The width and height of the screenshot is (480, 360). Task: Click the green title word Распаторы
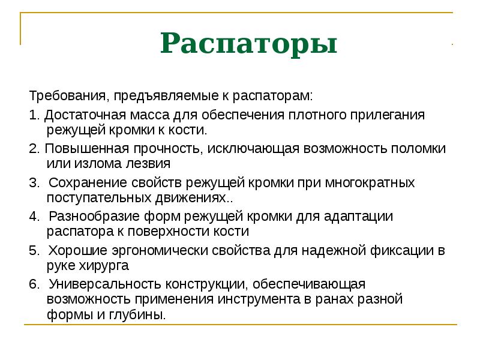(x=248, y=45)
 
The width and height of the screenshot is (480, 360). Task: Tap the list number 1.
(x=32, y=114)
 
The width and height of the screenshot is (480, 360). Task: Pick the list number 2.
(x=32, y=148)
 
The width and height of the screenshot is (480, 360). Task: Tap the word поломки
(x=421, y=148)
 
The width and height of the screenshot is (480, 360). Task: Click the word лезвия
(x=148, y=163)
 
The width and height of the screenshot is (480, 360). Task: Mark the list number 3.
(x=32, y=182)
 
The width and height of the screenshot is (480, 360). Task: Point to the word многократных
(x=367, y=182)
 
